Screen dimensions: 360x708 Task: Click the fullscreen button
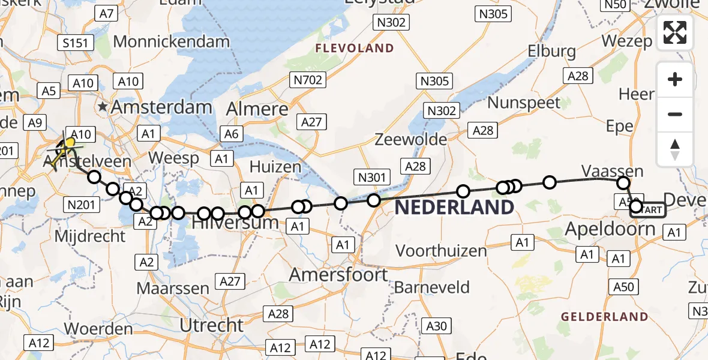tap(675, 32)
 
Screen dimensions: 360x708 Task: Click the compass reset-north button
tap(675, 149)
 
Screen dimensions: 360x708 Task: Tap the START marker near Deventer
tap(648, 209)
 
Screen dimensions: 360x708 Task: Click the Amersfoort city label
tap(338, 275)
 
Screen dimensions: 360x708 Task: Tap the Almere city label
tap(257, 109)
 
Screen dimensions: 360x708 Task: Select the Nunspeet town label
tap(524, 103)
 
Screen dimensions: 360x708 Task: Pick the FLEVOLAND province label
tap(355, 49)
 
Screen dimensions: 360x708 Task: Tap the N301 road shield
tap(372, 177)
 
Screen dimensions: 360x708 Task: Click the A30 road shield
tap(436, 326)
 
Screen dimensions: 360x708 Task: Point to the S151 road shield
tap(76, 43)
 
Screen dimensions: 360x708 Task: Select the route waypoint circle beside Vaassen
tap(623, 183)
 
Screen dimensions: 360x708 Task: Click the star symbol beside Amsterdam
tap(104, 107)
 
